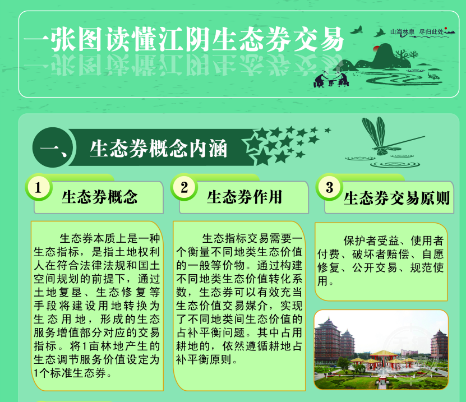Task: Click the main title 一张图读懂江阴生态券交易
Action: [184, 39]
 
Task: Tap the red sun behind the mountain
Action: [376, 48]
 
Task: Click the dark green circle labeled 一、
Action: [53, 147]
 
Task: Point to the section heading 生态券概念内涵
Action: [158, 148]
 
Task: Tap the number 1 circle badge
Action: [38, 187]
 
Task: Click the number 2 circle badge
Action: [184, 187]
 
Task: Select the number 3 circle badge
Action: [329, 187]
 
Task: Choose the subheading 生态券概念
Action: [100, 197]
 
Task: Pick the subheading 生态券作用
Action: [244, 197]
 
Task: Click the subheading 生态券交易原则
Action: [396, 198]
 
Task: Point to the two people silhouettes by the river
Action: [331, 79]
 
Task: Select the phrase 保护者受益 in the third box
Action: [371, 241]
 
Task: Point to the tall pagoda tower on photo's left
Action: [327, 339]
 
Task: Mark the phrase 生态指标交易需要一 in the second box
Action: [252, 239]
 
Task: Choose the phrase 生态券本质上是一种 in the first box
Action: [110, 239]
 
